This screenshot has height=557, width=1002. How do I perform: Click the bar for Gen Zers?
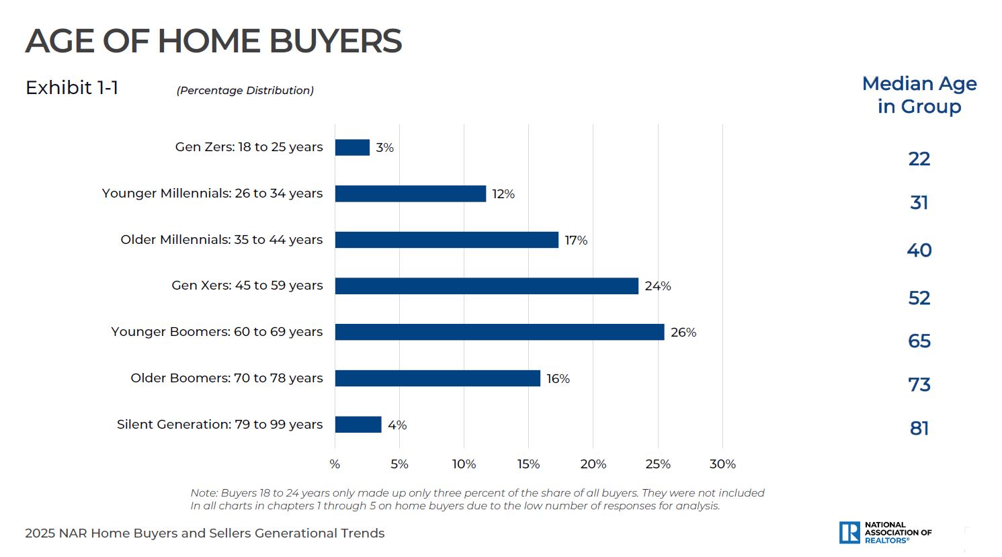tap(352, 147)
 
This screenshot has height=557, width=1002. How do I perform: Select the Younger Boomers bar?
tap(499, 332)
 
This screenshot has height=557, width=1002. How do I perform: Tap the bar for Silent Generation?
tap(358, 425)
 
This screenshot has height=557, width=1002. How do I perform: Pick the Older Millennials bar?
tap(446, 240)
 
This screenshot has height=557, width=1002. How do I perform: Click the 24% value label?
tap(658, 286)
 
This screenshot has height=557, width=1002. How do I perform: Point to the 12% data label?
tap(503, 194)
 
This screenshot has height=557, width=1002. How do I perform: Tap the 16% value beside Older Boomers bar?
tap(558, 379)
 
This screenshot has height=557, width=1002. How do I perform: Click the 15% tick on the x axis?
tap(528, 464)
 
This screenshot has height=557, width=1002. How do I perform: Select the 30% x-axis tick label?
tap(722, 464)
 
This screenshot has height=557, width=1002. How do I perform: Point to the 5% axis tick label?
tap(399, 464)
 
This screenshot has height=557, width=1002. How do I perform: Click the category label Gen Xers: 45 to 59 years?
tap(247, 286)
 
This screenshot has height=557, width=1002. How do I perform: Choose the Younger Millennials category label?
tap(212, 194)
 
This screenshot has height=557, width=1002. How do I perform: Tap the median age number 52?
tap(919, 298)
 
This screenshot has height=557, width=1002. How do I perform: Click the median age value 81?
tap(919, 428)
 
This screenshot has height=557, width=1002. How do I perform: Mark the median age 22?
tap(919, 159)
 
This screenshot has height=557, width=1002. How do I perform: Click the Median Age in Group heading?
tap(919, 95)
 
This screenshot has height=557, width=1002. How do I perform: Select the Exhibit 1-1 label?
tap(72, 88)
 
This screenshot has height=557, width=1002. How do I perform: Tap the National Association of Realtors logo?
tap(885, 532)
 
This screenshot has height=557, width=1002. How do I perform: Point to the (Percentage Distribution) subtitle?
tap(245, 91)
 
